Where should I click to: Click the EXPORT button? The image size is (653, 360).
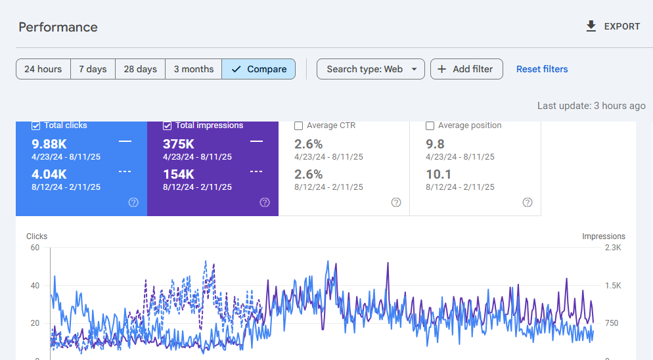[612, 26]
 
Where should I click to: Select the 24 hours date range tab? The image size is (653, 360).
[43, 69]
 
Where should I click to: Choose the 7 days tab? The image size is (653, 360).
[93, 69]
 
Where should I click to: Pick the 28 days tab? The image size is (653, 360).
[140, 69]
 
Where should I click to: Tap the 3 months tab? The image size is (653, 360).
[193, 69]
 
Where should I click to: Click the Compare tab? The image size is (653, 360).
[259, 69]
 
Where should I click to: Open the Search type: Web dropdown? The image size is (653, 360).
[371, 69]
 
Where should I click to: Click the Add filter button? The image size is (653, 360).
[466, 69]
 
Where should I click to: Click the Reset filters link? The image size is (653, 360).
[542, 69]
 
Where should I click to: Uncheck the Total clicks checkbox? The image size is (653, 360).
[36, 125]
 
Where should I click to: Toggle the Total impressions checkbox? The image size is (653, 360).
[168, 125]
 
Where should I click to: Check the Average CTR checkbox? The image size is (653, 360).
[299, 125]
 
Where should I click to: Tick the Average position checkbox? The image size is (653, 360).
[430, 125]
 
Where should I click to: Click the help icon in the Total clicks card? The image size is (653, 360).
[133, 202]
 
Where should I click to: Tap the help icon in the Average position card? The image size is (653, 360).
[528, 202]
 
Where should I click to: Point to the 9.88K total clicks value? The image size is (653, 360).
[49, 144]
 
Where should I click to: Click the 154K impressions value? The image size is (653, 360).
[179, 174]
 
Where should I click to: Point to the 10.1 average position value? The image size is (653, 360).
[438, 174]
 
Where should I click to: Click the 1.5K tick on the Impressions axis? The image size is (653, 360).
[613, 286]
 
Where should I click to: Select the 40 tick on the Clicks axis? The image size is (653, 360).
[35, 286]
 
